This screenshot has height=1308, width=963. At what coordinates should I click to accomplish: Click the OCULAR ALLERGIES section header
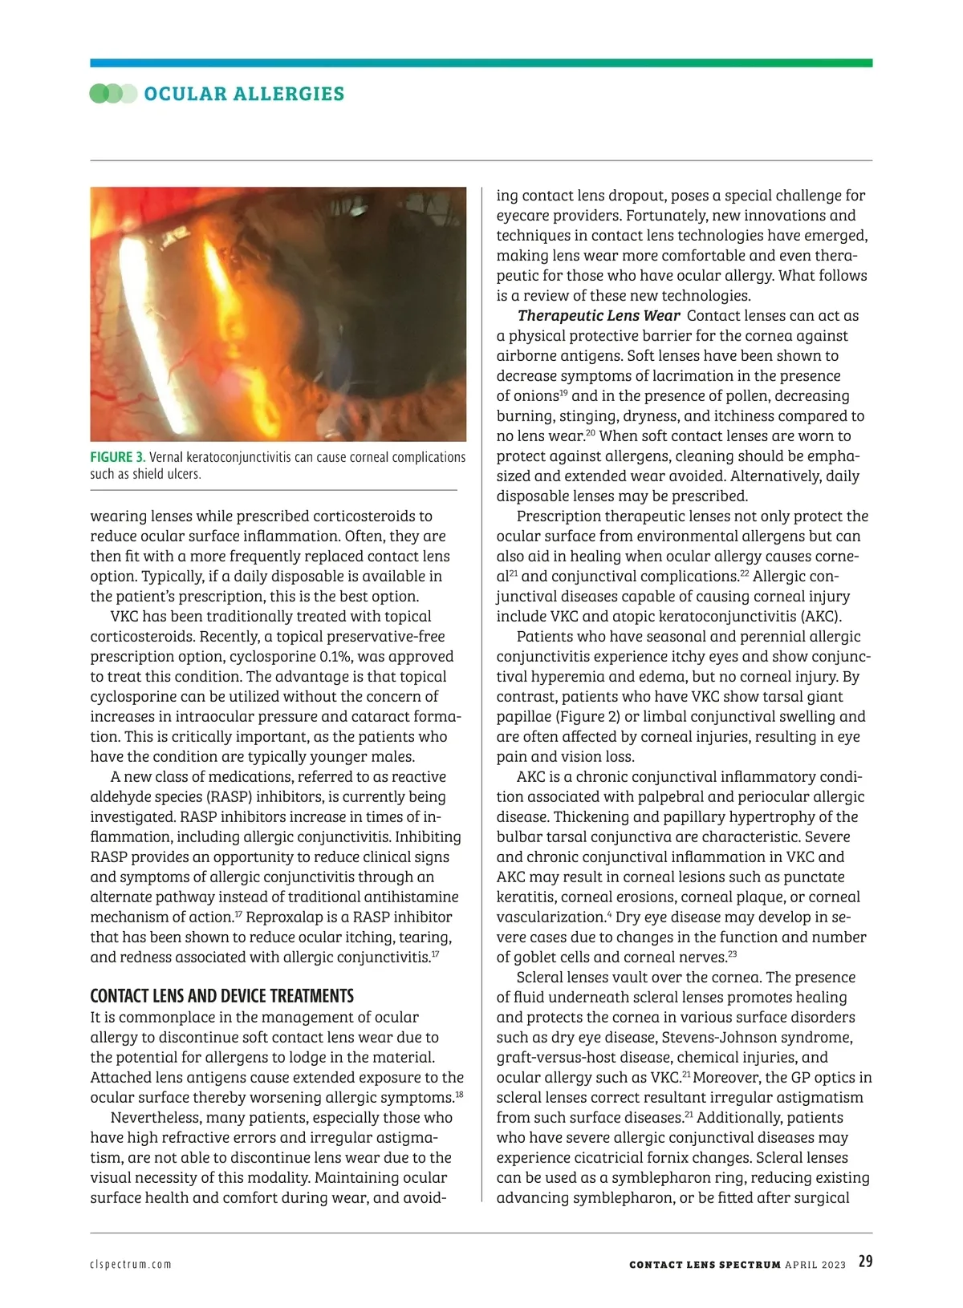point(244,94)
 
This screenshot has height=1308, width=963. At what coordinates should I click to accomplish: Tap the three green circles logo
point(113,94)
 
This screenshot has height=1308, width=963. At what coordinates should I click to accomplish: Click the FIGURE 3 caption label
point(117,457)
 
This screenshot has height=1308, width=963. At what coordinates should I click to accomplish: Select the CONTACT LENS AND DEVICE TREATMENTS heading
point(221,996)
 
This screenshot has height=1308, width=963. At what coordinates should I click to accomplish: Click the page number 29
point(865,1261)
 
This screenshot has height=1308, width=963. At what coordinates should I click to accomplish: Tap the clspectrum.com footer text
point(131,1265)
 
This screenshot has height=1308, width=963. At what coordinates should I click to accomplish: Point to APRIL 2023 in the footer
point(815,1265)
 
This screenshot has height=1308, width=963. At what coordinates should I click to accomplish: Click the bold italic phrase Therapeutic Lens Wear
point(599,316)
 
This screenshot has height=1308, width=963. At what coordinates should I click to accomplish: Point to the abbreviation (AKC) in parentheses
point(821,617)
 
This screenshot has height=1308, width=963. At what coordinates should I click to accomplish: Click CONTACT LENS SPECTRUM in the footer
point(705,1265)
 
